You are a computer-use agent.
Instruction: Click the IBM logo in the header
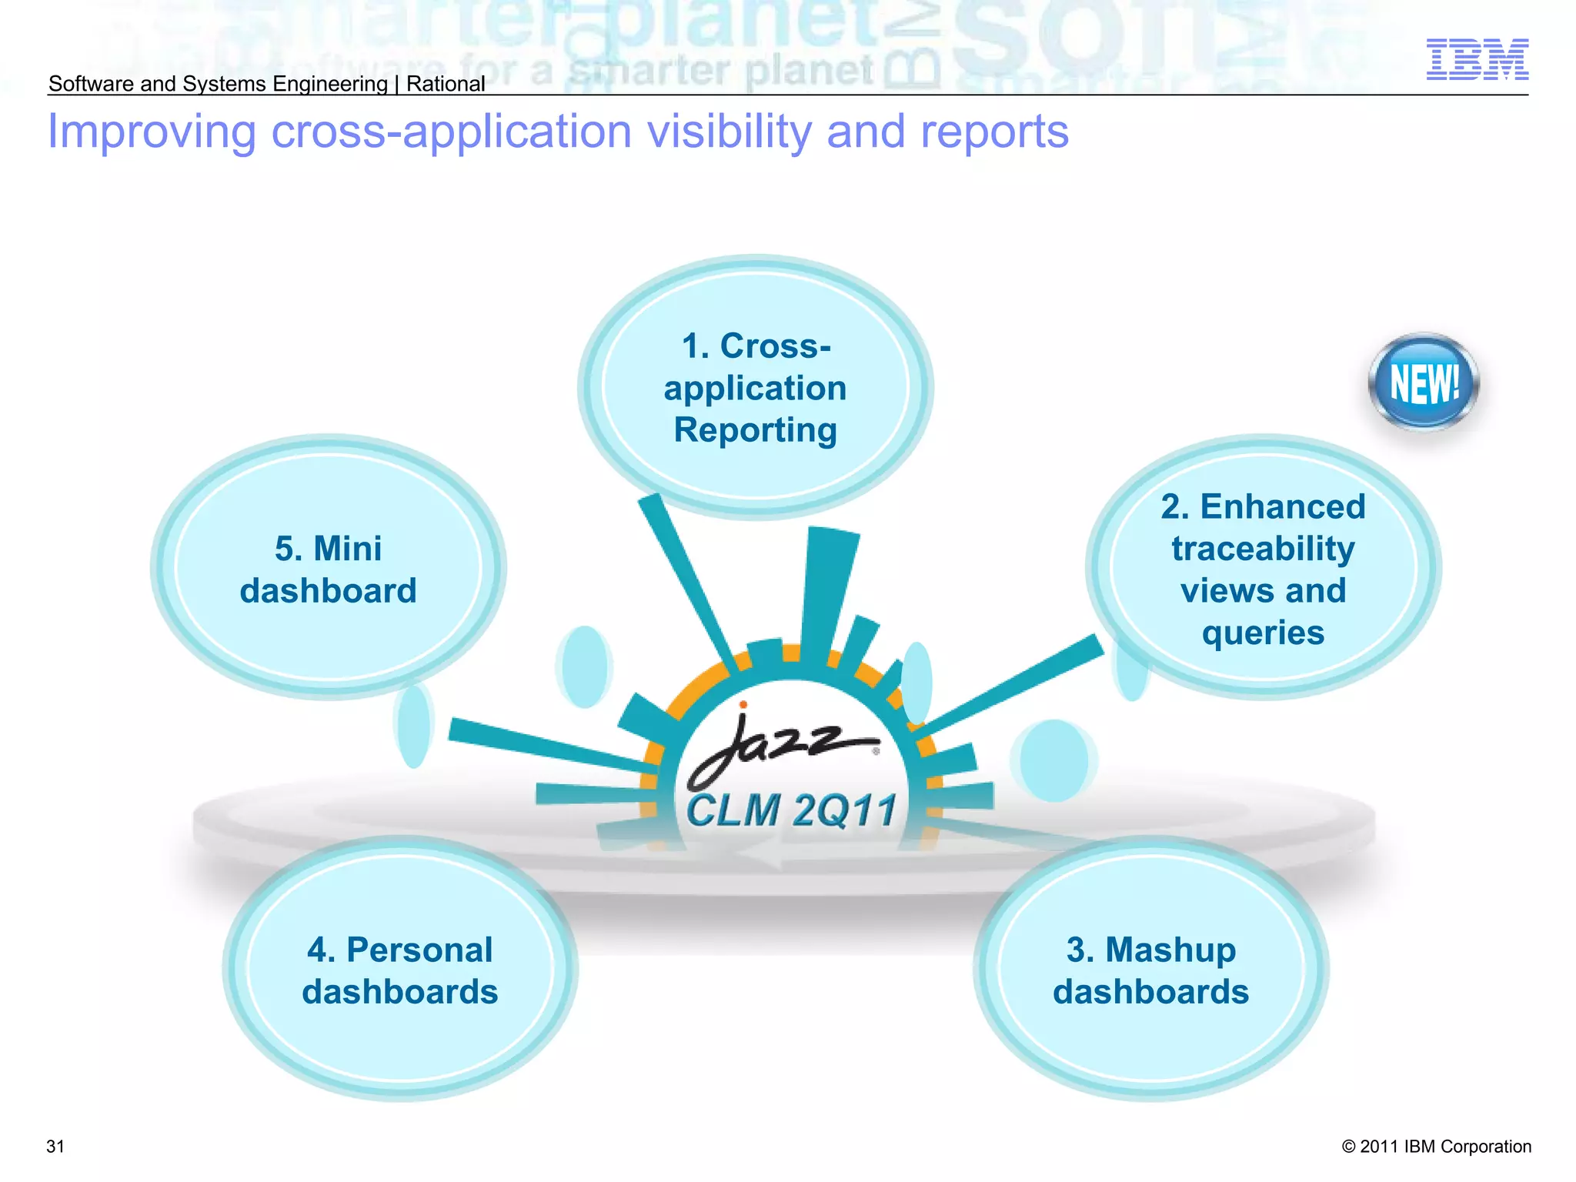tap(1477, 59)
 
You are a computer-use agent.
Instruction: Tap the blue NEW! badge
tap(1424, 382)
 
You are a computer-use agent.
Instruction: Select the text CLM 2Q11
tap(791, 810)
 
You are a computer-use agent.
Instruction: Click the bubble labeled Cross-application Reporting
tap(755, 387)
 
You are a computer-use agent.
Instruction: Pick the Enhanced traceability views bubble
tap(1263, 568)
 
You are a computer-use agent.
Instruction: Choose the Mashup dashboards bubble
tap(1150, 970)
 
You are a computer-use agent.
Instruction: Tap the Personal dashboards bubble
tap(399, 970)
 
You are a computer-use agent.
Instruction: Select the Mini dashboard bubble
tap(328, 569)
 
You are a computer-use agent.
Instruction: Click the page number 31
tap(55, 1146)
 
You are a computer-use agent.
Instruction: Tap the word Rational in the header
tap(446, 83)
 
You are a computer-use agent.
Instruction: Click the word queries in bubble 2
tap(1263, 633)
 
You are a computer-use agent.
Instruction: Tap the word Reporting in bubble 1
tap(755, 429)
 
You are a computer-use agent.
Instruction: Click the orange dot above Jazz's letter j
tap(743, 704)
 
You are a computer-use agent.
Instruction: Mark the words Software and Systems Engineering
tap(218, 83)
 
